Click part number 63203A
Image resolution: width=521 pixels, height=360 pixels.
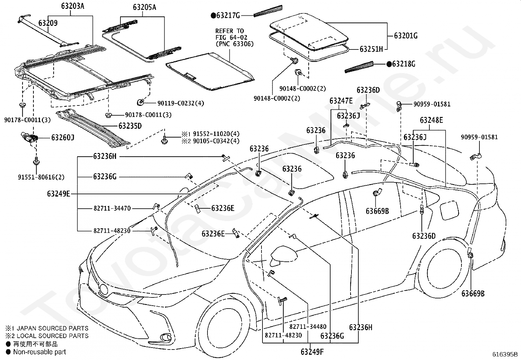[73, 6]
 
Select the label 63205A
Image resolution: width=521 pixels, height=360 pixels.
[144, 8]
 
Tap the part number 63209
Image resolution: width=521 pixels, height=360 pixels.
[48, 23]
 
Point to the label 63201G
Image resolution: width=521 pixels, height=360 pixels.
[406, 36]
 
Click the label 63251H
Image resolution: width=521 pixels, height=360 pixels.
[371, 49]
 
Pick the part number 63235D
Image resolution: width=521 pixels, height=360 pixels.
[130, 126]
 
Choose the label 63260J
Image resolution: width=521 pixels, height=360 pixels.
[63, 138]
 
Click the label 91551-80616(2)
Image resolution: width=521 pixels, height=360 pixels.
[41, 177]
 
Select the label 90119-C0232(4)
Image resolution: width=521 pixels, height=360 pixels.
[181, 103]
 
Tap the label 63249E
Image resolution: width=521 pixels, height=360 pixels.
[59, 194]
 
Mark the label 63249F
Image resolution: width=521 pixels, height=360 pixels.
[312, 351]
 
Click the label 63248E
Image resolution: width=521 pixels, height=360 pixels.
[431, 120]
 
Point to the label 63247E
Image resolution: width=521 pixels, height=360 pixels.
[341, 101]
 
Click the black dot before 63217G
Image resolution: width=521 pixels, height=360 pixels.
[213, 16]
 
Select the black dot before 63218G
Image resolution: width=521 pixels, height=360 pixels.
[389, 64]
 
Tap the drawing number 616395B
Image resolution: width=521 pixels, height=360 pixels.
[505, 354]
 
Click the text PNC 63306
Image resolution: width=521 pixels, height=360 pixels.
[235, 44]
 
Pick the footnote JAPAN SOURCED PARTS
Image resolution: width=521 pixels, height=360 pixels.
[53, 328]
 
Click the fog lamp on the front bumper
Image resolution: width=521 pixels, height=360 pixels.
[166, 337]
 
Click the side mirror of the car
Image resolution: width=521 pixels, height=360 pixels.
[283, 256]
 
